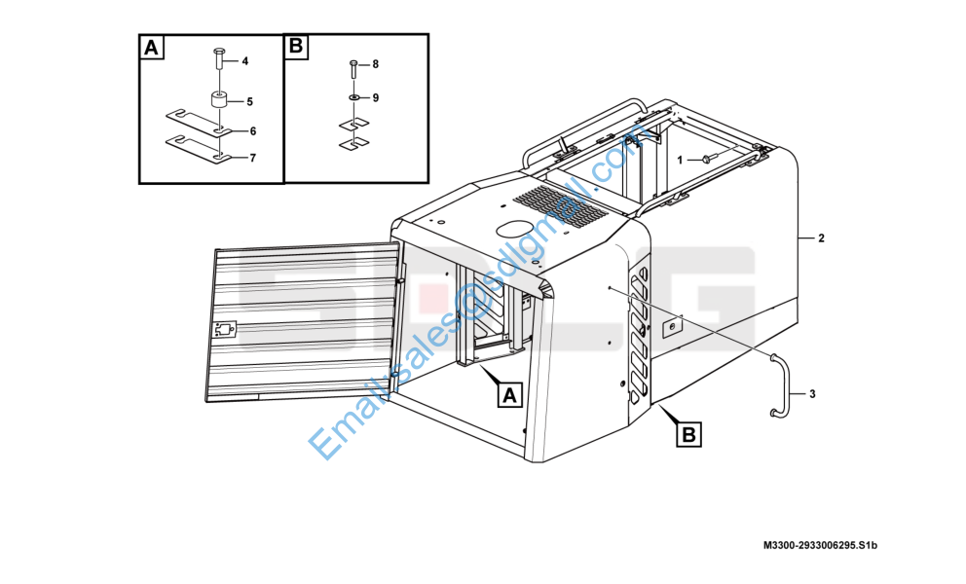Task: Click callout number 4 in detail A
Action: click(244, 61)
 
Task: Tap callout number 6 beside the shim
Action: click(252, 131)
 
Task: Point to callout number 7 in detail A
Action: click(252, 159)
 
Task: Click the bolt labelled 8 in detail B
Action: click(353, 68)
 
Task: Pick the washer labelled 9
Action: click(354, 97)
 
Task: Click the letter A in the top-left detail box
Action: click(152, 48)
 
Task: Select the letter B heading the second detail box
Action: click(296, 46)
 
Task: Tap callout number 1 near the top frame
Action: click(680, 161)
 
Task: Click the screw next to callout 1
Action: click(708, 159)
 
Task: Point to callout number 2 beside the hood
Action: click(821, 237)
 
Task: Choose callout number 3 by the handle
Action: click(812, 393)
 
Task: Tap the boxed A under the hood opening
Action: click(509, 395)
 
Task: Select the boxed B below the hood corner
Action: click(688, 434)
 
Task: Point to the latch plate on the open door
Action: click(225, 330)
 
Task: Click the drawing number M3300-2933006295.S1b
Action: click(820, 545)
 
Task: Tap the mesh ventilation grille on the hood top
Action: click(560, 205)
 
